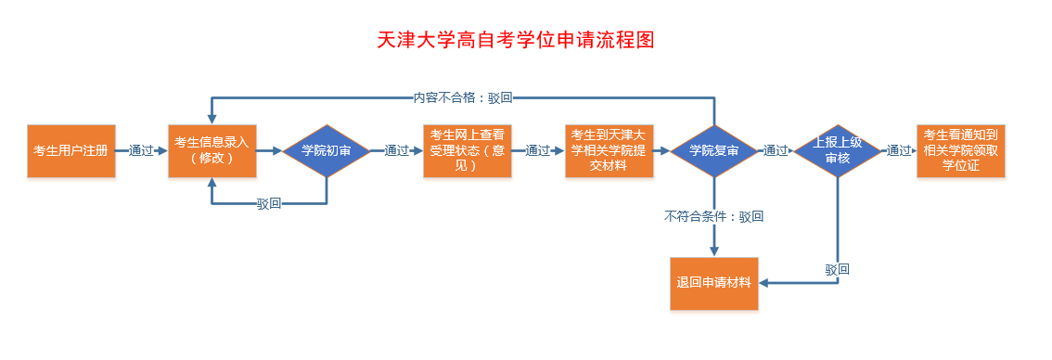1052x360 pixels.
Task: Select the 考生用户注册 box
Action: click(x=71, y=150)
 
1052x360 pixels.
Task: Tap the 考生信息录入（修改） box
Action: click(x=212, y=150)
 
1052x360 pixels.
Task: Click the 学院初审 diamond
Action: click(x=327, y=150)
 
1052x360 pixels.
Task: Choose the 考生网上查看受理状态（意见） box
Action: click(x=467, y=150)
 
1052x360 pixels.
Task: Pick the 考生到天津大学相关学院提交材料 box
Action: click(x=609, y=150)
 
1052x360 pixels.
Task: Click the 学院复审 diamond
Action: click(x=714, y=150)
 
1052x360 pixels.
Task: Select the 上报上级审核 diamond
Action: click(x=838, y=150)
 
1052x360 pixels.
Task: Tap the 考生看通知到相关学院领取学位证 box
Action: click(x=960, y=150)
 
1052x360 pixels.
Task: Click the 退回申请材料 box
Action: click(x=713, y=283)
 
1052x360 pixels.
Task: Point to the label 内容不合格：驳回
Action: click(x=463, y=96)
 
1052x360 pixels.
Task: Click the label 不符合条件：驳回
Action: click(x=713, y=216)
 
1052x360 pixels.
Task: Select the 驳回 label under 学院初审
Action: click(x=269, y=204)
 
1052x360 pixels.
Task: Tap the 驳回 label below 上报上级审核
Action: click(x=838, y=269)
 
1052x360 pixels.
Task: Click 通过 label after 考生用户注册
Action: click(x=141, y=150)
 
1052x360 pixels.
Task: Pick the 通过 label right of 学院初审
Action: click(x=397, y=150)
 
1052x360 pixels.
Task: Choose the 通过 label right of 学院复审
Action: click(x=776, y=150)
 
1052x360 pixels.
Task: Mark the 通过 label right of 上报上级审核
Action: click(x=898, y=150)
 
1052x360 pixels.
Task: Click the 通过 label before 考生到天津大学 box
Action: click(x=538, y=150)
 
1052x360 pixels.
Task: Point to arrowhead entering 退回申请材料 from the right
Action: click(x=766, y=283)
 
